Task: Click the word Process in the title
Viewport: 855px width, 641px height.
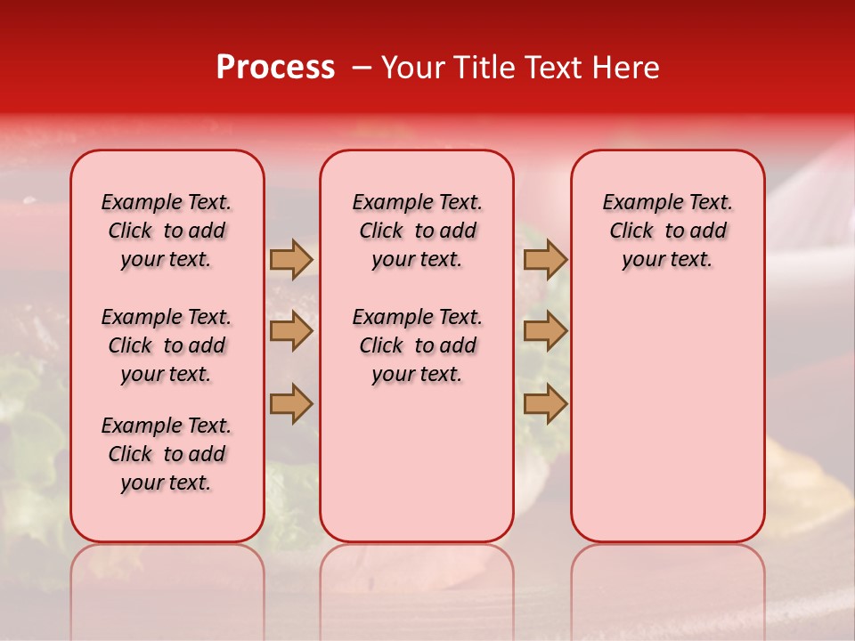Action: point(275,67)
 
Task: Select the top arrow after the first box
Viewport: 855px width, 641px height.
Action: point(291,259)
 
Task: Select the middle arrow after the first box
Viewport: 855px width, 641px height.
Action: point(291,331)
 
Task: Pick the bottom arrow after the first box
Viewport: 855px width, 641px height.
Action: point(291,403)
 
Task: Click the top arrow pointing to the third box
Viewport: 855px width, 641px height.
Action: point(545,259)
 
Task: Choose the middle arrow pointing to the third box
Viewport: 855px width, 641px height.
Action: point(545,331)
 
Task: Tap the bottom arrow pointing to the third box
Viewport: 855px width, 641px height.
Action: point(545,403)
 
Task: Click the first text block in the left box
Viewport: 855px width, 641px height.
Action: point(167,231)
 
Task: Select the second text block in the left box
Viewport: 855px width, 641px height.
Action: point(167,345)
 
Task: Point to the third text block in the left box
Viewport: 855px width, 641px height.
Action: point(167,454)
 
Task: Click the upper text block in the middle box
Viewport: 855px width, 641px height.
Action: point(417,231)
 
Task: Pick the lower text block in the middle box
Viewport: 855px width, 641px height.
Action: point(417,345)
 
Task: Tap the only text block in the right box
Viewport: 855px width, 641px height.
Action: point(667,231)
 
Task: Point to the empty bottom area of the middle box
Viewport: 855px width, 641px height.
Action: point(417,472)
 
